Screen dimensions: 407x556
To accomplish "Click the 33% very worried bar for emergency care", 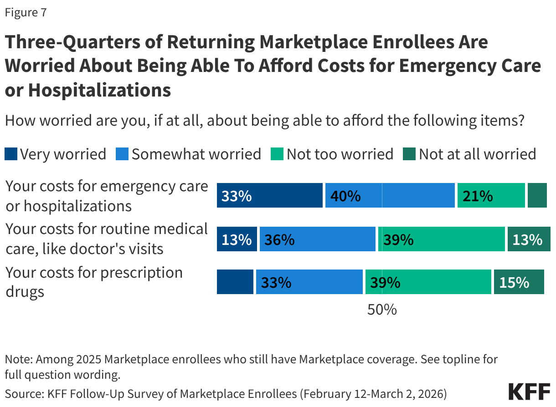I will click(269, 196).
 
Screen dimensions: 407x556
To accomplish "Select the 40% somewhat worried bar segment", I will click(390, 196).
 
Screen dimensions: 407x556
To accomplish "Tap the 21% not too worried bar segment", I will click(491, 196).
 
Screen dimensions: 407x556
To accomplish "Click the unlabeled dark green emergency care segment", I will click(537, 196).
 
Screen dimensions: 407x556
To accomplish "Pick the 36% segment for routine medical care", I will click(317, 239).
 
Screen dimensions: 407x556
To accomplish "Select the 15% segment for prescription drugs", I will click(519, 282).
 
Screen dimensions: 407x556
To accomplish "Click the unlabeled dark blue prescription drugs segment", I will click(235, 282).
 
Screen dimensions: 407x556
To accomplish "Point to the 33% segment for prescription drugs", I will click(309, 282).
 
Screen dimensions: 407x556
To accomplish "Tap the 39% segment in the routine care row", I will click(442, 239).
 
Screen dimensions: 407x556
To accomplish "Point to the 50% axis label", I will click(382, 310).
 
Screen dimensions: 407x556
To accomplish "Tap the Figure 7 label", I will click(26, 13).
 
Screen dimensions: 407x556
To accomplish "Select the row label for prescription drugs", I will click(94, 282).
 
